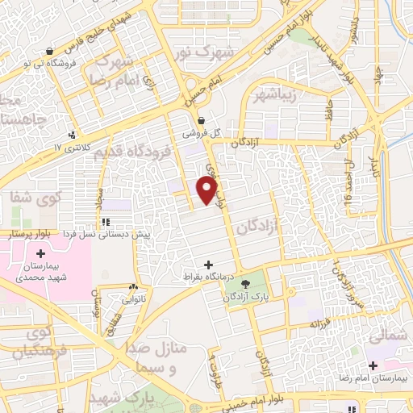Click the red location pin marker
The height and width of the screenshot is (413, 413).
[x=208, y=191]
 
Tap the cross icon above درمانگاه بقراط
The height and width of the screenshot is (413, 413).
[x=210, y=265]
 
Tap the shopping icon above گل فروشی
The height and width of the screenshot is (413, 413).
[x=200, y=120]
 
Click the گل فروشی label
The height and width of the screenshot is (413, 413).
[x=196, y=133]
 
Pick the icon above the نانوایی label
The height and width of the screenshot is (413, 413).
[x=133, y=286]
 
